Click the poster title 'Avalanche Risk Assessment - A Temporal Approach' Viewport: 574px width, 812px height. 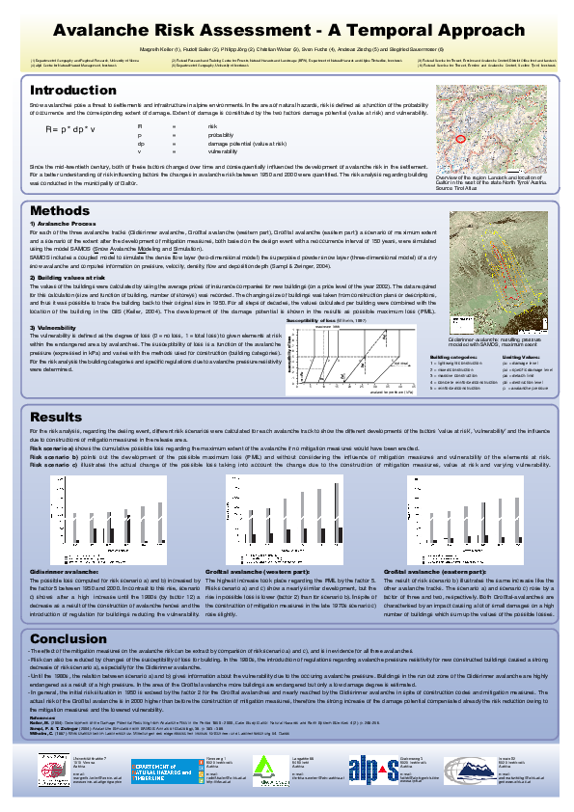(287, 31)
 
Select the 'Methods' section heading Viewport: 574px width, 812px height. (60, 210)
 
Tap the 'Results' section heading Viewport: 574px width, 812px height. (56, 416)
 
